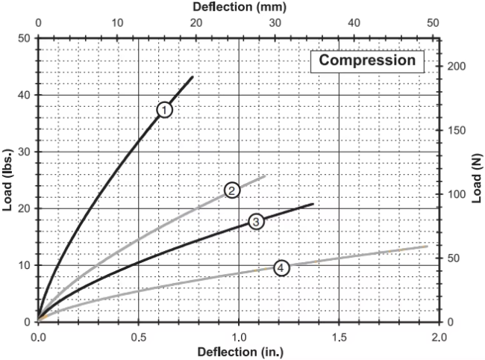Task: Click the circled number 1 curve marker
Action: (x=165, y=110)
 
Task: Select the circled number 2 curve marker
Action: (x=232, y=190)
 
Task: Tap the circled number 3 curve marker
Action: (x=256, y=221)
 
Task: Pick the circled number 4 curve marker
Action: (x=281, y=267)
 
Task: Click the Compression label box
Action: (x=368, y=60)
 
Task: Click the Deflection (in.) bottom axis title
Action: (x=239, y=351)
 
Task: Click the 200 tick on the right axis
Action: (x=452, y=66)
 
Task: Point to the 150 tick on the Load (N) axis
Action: (x=452, y=131)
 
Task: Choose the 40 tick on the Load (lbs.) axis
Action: (x=25, y=95)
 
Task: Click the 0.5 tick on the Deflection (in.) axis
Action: (x=138, y=336)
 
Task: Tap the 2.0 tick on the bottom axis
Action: (x=439, y=336)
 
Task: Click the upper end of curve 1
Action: (x=193, y=77)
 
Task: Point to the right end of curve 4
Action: (x=428, y=246)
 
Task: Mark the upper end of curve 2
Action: (x=265, y=176)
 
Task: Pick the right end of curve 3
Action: (x=313, y=204)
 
